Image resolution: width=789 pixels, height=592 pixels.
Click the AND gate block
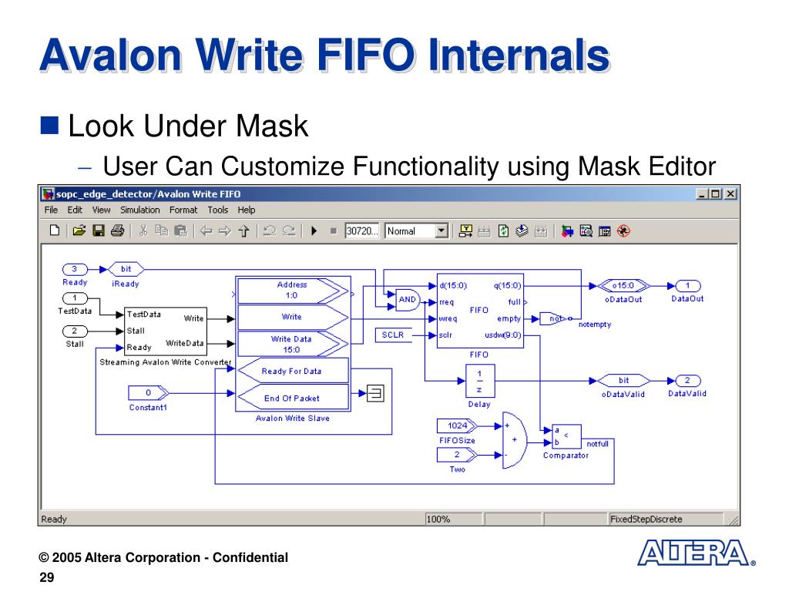pos(408,300)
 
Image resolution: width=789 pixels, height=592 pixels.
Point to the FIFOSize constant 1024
pos(457,425)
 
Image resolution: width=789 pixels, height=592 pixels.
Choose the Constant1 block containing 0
pos(148,392)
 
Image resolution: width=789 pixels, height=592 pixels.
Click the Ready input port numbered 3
pos(74,269)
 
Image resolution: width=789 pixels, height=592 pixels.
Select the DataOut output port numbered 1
pos(687,285)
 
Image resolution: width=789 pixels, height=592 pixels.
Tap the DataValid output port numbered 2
pos(687,380)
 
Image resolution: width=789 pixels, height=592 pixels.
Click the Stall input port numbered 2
pos(74,331)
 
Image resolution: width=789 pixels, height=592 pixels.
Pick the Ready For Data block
pos(292,371)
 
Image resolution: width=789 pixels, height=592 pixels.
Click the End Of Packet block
pos(292,398)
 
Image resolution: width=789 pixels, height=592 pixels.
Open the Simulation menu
pos(139,210)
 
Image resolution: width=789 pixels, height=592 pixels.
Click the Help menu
pos(246,210)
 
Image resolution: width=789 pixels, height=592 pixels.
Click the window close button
pos(730,193)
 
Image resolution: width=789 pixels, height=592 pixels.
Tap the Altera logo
pos(693,553)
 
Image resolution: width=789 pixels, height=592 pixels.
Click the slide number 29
pos(47,578)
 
